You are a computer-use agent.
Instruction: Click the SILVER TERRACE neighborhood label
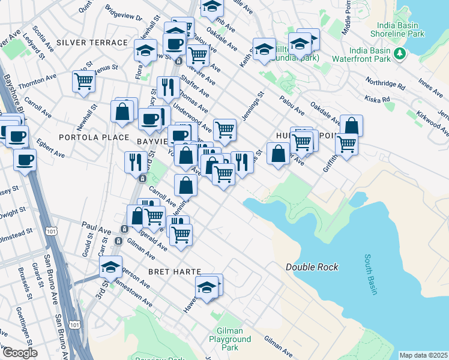pyautogui.click(x=92, y=43)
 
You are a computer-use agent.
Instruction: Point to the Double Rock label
pyautogui.click(x=312, y=267)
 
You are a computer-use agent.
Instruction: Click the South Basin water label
pyautogui.click(x=371, y=275)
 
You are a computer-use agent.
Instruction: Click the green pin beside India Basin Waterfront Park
pyautogui.click(x=400, y=55)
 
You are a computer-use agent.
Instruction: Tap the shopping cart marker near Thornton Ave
pyautogui.click(x=83, y=81)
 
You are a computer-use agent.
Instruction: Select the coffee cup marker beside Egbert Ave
pyautogui.click(x=25, y=160)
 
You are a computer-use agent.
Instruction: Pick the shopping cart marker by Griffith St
pyautogui.click(x=346, y=143)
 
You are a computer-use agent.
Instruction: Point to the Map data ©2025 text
pyautogui.click(x=423, y=355)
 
